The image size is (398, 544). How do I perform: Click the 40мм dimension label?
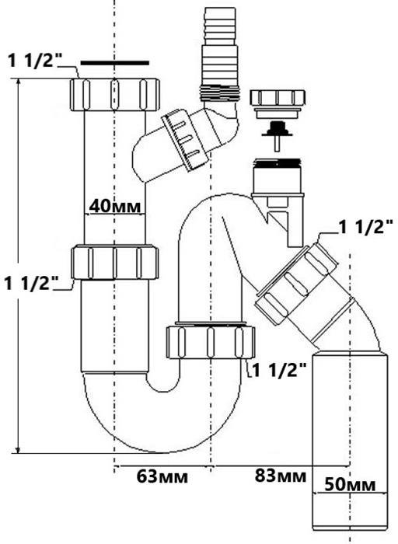115,207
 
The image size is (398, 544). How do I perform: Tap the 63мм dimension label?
162,476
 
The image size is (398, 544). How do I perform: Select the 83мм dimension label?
281,476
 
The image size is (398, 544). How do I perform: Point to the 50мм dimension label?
350,484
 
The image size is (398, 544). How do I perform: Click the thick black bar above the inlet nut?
115,63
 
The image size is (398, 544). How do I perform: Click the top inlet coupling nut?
115,95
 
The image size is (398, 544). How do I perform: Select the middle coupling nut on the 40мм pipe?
115,263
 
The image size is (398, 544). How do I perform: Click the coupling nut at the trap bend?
211,341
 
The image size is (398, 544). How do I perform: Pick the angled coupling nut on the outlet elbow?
296,284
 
